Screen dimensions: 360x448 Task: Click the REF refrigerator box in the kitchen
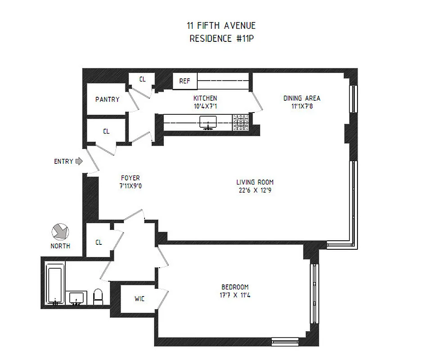185,81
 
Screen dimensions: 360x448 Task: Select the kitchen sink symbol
208,121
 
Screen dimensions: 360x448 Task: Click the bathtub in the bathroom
55,284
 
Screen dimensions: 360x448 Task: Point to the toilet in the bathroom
98,297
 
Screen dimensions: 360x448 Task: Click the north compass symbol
60,232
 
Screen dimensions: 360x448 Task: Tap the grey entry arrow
79,161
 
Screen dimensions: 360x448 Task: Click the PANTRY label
107,99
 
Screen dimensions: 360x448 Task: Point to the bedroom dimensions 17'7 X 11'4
235,295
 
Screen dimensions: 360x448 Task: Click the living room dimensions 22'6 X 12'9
255,190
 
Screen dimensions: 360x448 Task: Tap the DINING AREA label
301,98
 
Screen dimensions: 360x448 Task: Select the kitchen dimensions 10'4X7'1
205,106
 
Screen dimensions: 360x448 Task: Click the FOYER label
130,178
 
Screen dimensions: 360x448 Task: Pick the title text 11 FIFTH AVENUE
221,26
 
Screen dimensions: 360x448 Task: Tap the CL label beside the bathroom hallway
99,242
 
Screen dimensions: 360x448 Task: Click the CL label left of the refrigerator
142,80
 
